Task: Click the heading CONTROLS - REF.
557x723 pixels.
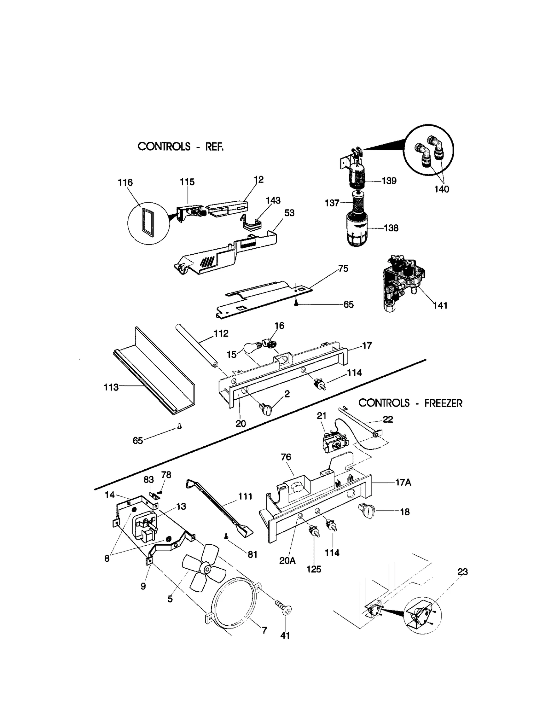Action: pyautogui.click(x=180, y=146)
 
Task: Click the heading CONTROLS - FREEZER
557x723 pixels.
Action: pyautogui.click(x=410, y=403)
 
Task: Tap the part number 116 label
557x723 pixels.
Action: pyautogui.click(x=125, y=182)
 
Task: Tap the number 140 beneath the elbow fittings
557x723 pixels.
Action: pyautogui.click(x=441, y=189)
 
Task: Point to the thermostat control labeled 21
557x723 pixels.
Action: pyautogui.click(x=333, y=443)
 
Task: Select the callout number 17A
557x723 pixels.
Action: pyautogui.click(x=403, y=483)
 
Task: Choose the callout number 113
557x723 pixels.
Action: pyautogui.click(x=111, y=387)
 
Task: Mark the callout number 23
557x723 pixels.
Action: pyautogui.click(x=463, y=572)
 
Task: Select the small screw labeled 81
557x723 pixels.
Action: pyautogui.click(x=227, y=537)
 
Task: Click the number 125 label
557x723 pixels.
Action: pyautogui.click(x=314, y=569)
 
